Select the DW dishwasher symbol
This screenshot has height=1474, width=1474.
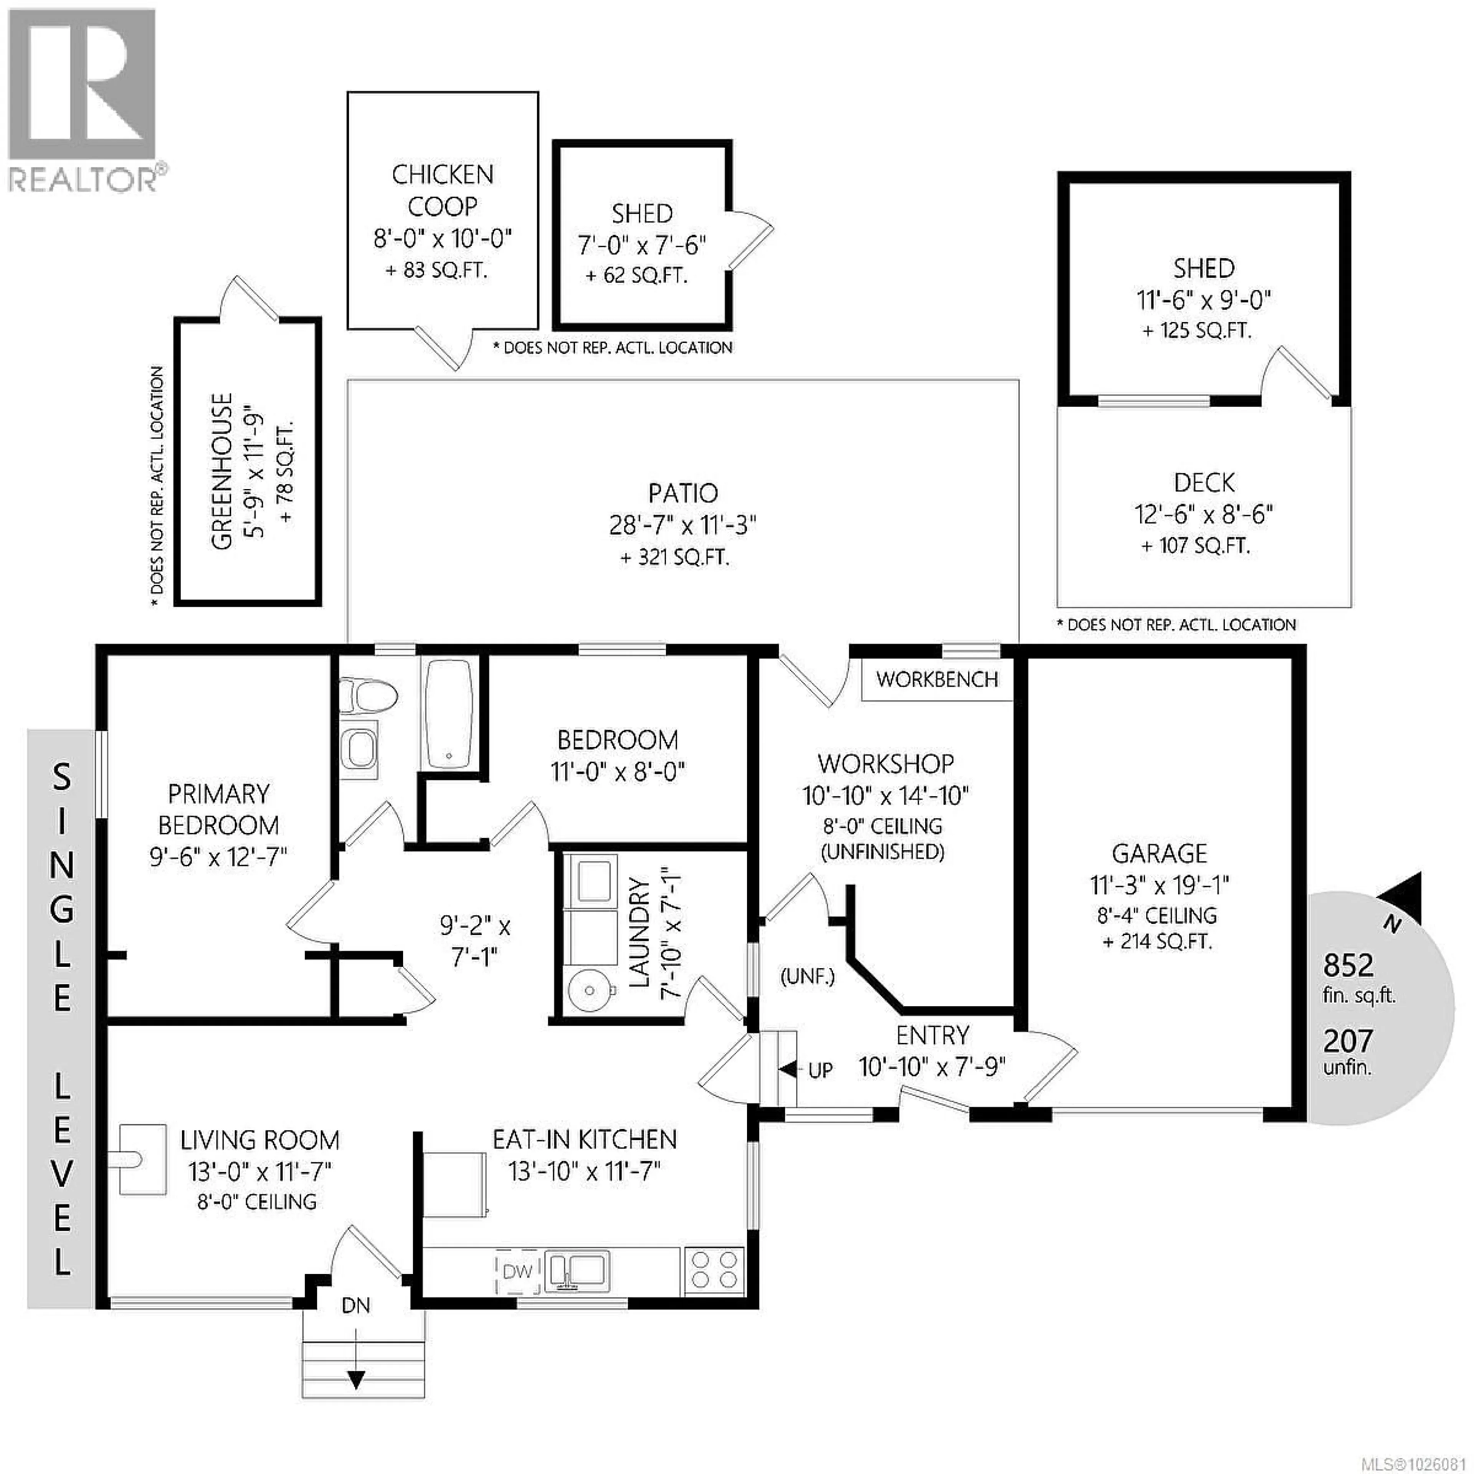tap(518, 1271)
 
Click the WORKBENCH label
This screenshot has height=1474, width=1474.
tap(937, 680)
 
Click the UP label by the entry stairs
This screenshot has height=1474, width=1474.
tap(820, 1071)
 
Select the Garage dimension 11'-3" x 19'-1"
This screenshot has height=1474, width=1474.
tap(1159, 885)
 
